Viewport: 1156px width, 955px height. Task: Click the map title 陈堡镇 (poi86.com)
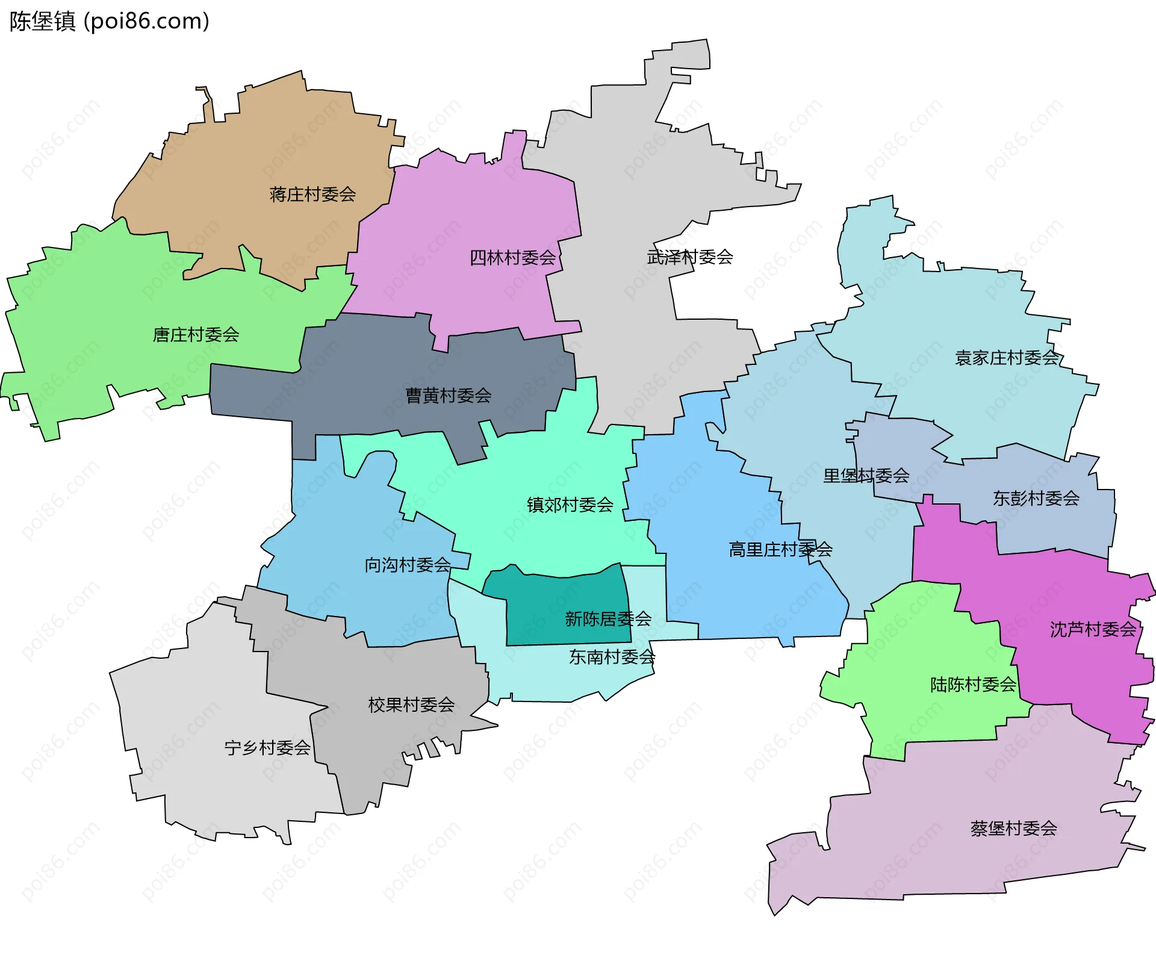tap(109, 22)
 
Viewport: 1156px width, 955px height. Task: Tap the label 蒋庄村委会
tap(312, 194)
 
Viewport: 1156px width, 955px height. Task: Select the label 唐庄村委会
tap(196, 335)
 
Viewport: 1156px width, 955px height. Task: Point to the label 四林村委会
tap(512, 258)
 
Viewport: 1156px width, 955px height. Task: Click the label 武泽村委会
tap(690, 257)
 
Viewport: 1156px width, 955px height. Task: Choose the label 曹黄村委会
tap(448, 396)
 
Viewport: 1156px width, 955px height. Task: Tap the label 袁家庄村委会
tap(1007, 358)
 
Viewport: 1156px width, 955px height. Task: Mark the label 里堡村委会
tap(866, 476)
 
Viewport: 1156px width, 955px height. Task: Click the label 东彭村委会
tap(1036, 498)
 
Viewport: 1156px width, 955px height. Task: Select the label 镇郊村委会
tap(570, 505)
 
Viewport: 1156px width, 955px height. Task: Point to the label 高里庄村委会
tap(780, 549)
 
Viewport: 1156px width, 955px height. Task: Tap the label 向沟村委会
tap(408, 565)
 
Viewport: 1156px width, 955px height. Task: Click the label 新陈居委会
tap(608, 618)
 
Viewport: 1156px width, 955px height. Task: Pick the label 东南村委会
tap(612, 657)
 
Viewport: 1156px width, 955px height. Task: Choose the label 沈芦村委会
tap(1093, 630)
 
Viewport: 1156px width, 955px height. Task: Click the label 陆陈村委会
tap(973, 685)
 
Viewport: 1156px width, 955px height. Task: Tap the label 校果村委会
tap(411, 705)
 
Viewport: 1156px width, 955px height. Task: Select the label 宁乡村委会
tap(267, 748)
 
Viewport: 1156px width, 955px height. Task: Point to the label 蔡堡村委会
tap(1013, 829)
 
